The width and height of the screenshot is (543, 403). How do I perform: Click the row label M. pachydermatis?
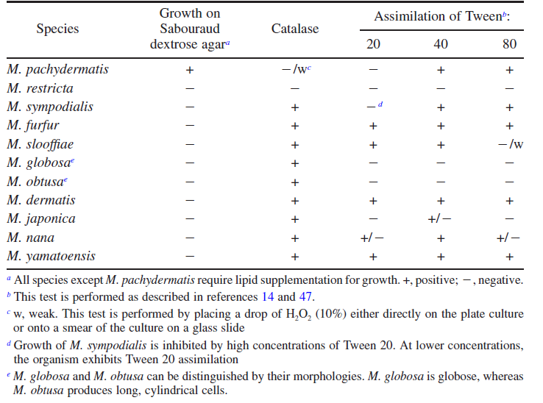(x=57, y=70)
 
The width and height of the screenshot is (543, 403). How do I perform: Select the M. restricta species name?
(x=40, y=88)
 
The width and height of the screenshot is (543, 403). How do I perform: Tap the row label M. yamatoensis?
(x=51, y=256)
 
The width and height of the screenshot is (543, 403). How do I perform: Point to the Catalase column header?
(x=295, y=29)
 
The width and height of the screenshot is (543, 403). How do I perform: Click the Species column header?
(x=57, y=29)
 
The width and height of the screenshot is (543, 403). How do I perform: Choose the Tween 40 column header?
(x=441, y=44)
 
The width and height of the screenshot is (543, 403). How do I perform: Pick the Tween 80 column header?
(x=509, y=44)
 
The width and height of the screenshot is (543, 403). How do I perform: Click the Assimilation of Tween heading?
(x=442, y=16)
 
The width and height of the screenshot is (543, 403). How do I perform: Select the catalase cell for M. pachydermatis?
(x=297, y=69)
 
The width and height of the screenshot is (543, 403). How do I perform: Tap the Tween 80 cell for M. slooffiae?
(x=511, y=144)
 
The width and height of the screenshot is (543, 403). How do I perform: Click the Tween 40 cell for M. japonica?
(x=439, y=219)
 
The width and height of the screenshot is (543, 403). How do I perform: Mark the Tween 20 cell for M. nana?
(x=372, y=238)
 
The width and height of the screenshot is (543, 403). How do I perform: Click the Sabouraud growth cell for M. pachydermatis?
(x=189, y=70)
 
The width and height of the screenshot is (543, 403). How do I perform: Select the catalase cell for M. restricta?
(x=295, y=89)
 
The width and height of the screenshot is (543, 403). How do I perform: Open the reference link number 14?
(x=268, y=296)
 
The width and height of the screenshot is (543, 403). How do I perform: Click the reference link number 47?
(x=305, y=296)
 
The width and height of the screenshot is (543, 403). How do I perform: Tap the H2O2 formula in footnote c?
(x=299, y=314)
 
